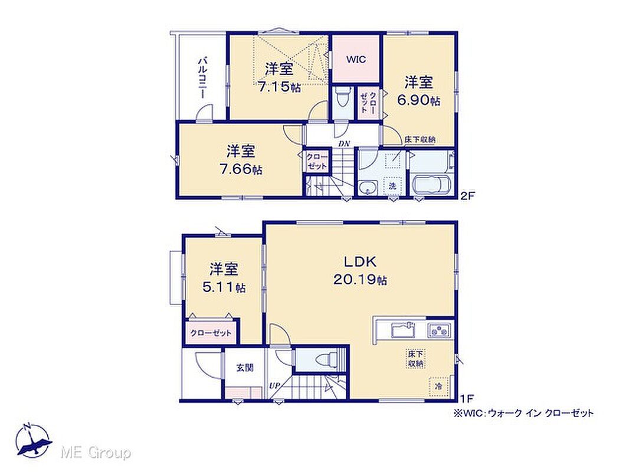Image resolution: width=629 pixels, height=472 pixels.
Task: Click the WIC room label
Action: click(x=356, y=60)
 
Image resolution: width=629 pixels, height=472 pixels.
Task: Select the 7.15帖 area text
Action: click(x=280, y=87)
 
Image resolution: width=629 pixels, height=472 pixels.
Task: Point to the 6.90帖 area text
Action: click(x=418, y=100)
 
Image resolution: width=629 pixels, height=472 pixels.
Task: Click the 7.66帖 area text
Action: click(x=241, y=169)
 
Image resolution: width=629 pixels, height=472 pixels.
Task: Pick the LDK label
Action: click(x=361, y=262)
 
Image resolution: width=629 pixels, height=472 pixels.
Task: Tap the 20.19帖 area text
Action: click(x=361, y=280)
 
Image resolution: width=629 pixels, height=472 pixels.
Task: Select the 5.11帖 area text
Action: click(x=224, y=287)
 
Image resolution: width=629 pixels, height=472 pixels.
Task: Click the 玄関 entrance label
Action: click(x=245, y=368)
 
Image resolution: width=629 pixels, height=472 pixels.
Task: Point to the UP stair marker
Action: click(x=275, y=385)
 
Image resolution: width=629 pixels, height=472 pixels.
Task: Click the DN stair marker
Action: click(x=344, y=143)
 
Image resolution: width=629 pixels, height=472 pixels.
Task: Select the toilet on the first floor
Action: click(x=326, y=360)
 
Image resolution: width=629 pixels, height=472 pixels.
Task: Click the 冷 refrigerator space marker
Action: click(x=439, y=386)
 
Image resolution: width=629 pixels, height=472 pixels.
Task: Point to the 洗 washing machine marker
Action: click(x=392, y=186)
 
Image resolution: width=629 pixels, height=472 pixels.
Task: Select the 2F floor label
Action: click(x=467, y=196)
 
